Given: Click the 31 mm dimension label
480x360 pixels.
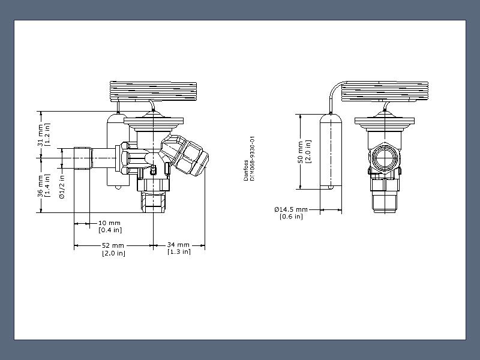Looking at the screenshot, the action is coord(41,135).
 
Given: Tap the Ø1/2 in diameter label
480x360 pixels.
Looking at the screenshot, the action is coord(62,187).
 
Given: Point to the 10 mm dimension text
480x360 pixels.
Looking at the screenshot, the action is coord(110,223).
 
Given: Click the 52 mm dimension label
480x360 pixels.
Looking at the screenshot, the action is coord(113,245).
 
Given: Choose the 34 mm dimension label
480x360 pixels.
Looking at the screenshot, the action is coord(178,245).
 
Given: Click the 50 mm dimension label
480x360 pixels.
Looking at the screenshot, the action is coord(301,152).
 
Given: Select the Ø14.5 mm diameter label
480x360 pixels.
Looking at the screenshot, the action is coord(291,209).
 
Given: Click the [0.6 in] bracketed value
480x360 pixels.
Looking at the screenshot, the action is coord(291,217).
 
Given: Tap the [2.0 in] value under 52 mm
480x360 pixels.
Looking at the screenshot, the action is coord(113,253).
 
